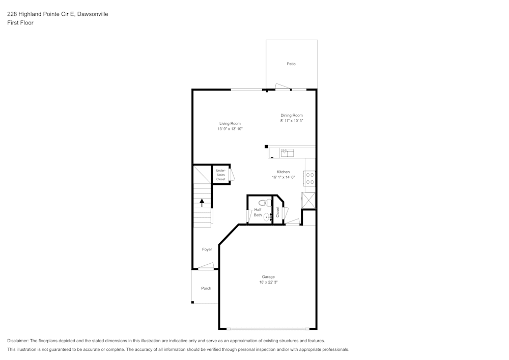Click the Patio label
pyautogui.click(x=291, y=64)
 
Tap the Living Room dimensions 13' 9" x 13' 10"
pyautogui.click(x=230, y=129)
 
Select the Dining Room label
pyautogui.click(x=292, y=115)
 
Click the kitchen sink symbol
pyautogui.click(x=289, y=152)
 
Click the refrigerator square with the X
pyautogui.click(x=309, y=200)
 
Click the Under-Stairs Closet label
pyautogui.click(x=220, y=175)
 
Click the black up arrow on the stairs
pyautogui.click(x=202, y=202)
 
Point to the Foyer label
pyautogui.click(x=207, y=250)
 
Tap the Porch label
pyautogui.click(x=206, y=288)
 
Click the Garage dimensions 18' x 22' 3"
pyautogui.click(x=268, y=282)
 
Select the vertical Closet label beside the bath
pyautogui.click(x=278, y=212)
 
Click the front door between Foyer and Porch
pyautogui.click(x=206, y=266)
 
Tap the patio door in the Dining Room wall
pyautogui.click(x=282, y=88)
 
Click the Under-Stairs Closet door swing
pyautogui.click(x=232, y=175)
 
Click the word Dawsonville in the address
pyautogui.click(x=92, y=14)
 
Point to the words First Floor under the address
pyautogui.click(x=20, y=23)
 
